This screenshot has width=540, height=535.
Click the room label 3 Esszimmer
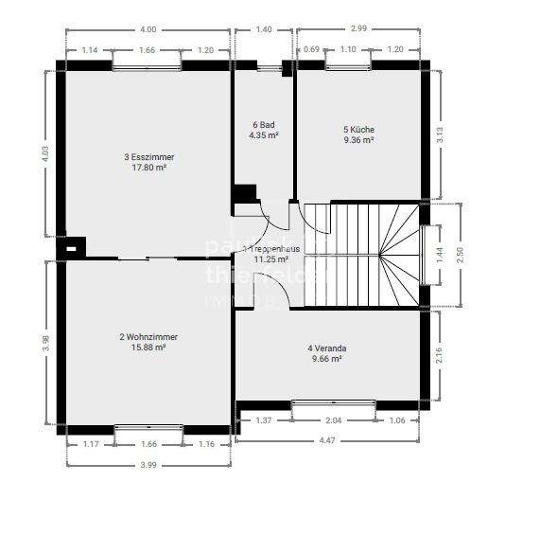coord(148,157)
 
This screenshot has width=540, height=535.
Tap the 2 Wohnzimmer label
coord(148,336)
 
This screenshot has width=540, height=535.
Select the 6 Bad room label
coord(263,125)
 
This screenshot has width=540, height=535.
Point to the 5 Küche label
coord(358,129)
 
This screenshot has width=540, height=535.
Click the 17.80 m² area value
coord(148,169)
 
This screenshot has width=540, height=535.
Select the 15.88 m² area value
coord(148,348)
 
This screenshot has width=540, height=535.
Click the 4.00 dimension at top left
coord(148,29)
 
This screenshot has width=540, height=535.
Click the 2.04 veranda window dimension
coord(334,419)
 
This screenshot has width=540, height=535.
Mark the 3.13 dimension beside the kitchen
coord(439,134)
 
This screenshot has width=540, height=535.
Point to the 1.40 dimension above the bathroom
coord(264,29)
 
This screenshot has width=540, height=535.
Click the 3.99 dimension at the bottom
coord(148,464)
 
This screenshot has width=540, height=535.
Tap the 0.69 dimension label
coord(311,49)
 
